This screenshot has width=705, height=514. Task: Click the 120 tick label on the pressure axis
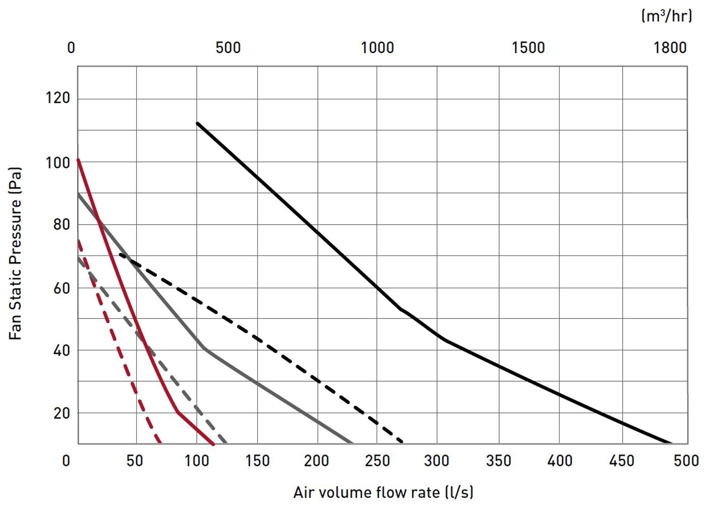click(x=58, y=97)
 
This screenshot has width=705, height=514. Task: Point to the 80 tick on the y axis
click(x=61, y=224)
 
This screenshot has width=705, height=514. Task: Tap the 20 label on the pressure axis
click(x=61, y=413)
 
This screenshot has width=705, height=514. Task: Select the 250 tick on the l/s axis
click(x=377, y=460)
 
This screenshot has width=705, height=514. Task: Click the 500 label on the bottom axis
click(x=686, y=460)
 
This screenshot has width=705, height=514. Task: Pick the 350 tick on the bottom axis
click(x=498, y=460)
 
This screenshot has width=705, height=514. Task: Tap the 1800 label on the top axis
click(x=670, y=48)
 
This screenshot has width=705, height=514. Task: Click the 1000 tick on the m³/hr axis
click(x=377, y=48)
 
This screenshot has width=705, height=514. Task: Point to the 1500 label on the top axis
click(x=528, y=48)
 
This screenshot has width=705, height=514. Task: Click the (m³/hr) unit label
click(x=666, y=16)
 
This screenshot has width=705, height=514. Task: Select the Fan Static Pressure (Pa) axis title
click(x=16, y=254)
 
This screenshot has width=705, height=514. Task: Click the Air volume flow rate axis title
click(x=383, y=492)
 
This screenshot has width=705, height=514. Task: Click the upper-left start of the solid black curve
click(x=197, y=123)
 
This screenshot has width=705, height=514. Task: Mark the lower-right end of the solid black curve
click(x=671, y=443)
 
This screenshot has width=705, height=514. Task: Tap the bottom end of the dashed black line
click(x=402, y=442)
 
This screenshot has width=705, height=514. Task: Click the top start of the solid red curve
click(x=78, y=160)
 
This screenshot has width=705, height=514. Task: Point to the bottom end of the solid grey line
click(x=351, y=443)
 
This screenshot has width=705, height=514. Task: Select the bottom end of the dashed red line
click(x=160, y=443)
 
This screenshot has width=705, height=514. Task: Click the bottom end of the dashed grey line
click(x=226, y=443)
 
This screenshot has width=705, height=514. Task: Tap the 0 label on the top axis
click(x=71, y=48)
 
